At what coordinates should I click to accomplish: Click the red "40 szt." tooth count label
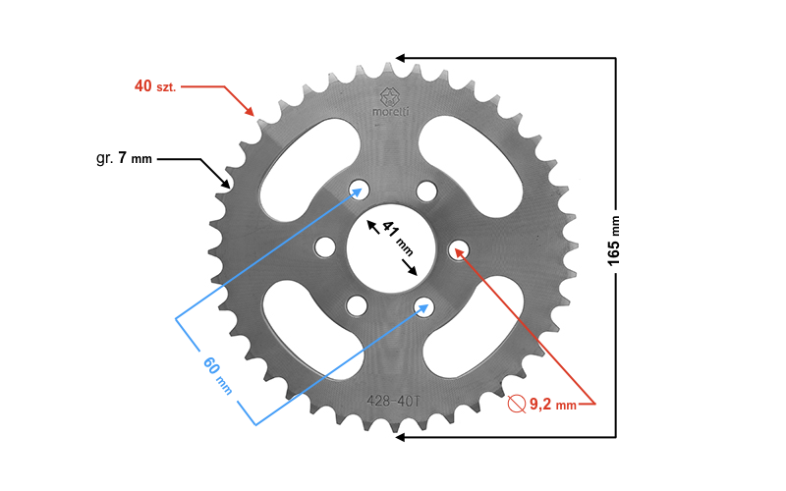point(158,86)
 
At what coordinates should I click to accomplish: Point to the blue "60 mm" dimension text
point(217,374)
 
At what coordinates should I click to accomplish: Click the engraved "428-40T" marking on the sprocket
point(393,401)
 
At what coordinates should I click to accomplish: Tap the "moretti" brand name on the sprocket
point(393,112)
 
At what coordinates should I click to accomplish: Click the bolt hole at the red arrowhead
point(460,252)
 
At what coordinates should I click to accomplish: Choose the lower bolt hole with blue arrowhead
point(423,305)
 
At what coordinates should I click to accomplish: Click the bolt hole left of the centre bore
point(325,245)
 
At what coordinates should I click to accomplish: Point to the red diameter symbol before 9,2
point(515,403)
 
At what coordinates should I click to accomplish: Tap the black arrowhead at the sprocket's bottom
point(401,436)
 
